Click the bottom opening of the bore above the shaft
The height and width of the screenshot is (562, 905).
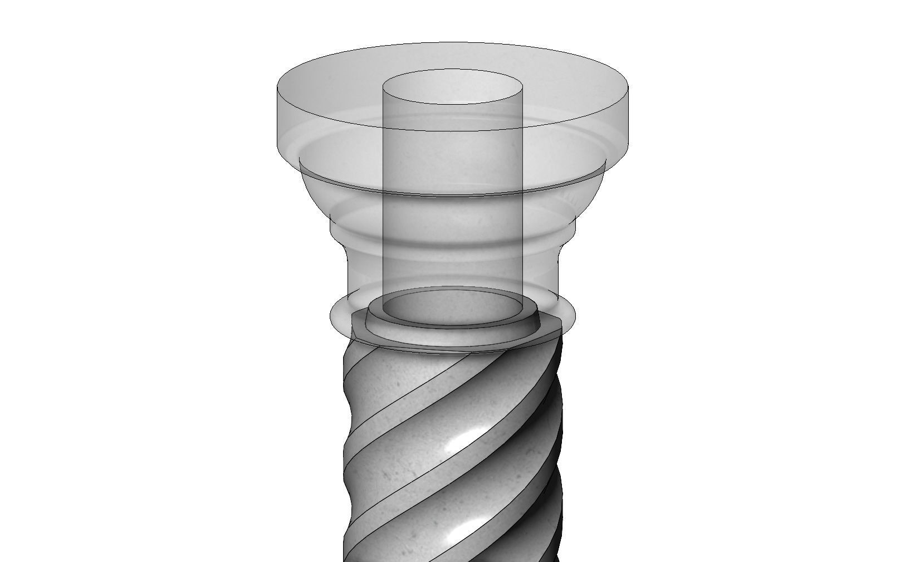pyautogui.click(x=453, y=307)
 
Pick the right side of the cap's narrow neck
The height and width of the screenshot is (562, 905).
pyautogui.click(x=557, y=273)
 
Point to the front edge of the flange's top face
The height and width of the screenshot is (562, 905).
pyautogui.click(x=453, y=131)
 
